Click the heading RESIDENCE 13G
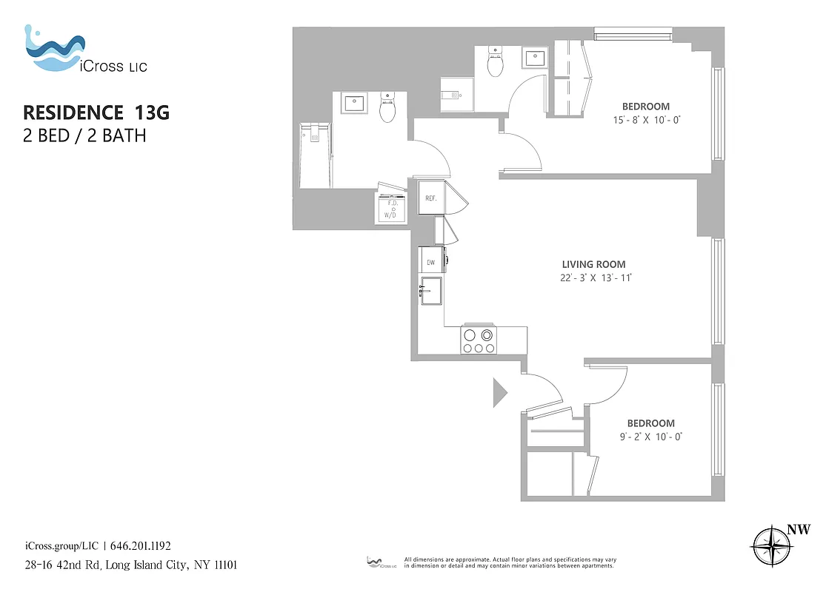(x=97, y=112)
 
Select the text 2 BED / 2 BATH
(x=84, y=136)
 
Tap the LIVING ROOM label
(x=593, y=264)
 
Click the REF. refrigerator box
(x=431, y=198)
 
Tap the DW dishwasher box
(x=430, y=261)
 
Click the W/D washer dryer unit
(x=390, y=209)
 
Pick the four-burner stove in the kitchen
(x=479, y=341)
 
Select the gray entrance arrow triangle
(x=499, y=392)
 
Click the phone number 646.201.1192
(x=141, y=546)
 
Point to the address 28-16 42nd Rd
(x=62, y=565)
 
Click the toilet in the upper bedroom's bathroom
(x=495, y=63)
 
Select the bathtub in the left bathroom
(x=314, y=155)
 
